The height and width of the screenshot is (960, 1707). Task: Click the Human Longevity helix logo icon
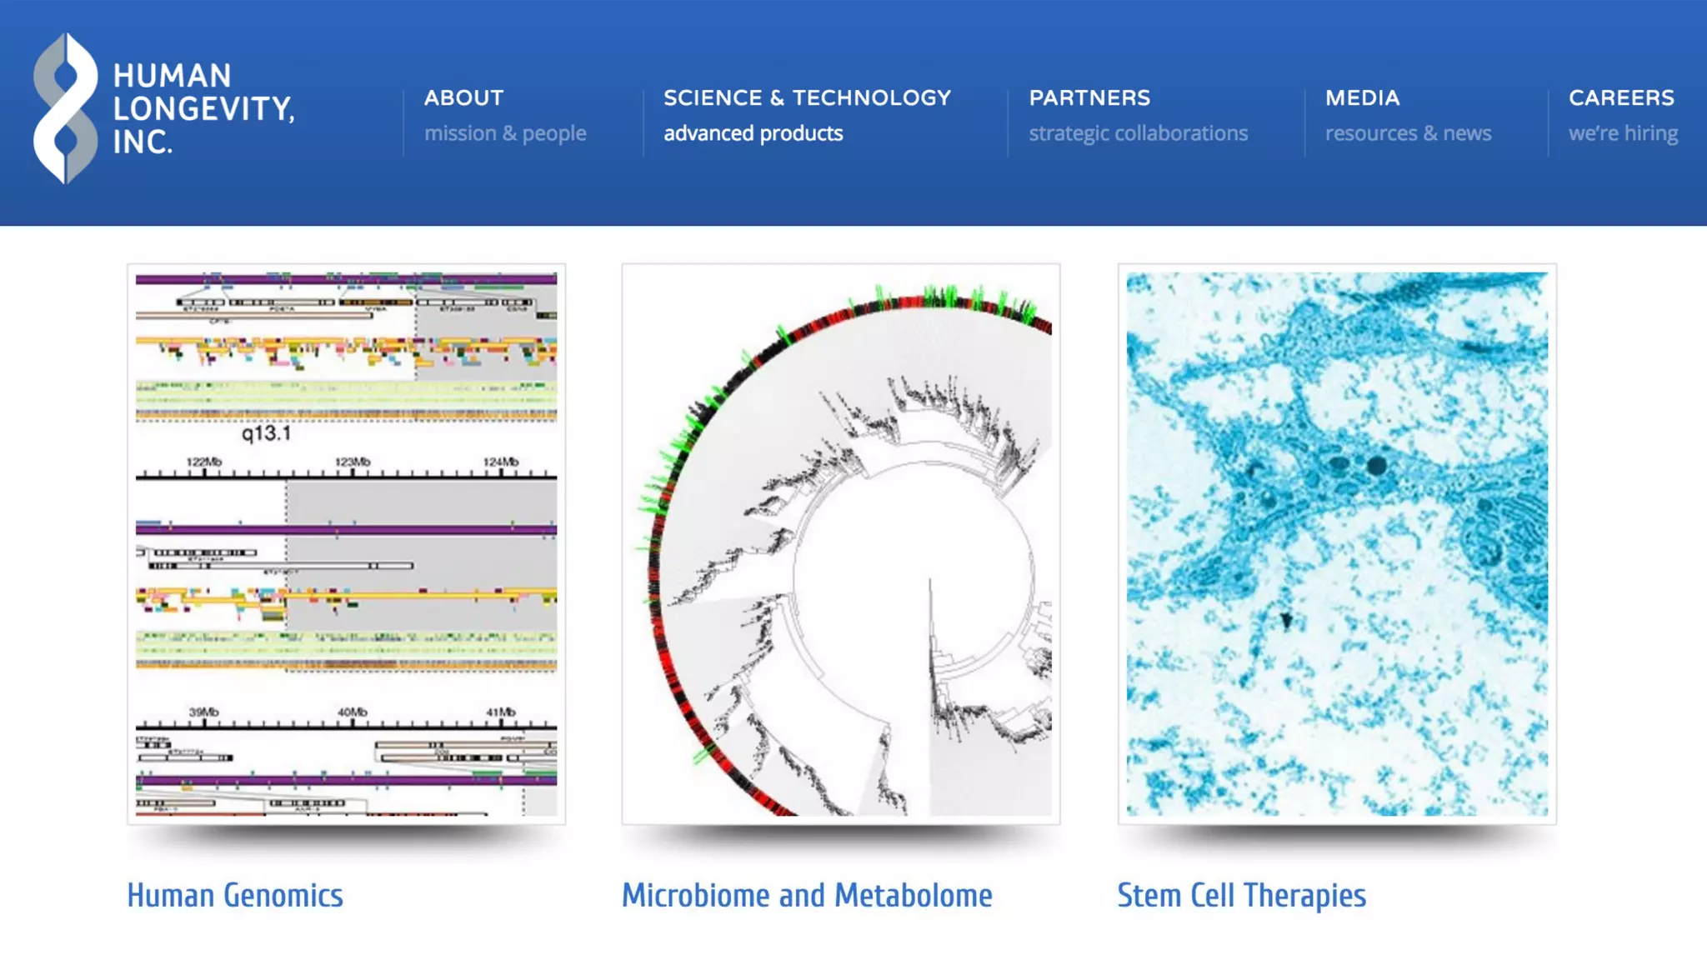pos(65,108)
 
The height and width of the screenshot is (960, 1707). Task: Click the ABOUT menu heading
pos(463,98)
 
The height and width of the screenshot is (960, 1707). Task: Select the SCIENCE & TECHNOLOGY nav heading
pos(807,98)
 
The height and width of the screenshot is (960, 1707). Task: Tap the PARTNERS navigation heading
pos(1089,98)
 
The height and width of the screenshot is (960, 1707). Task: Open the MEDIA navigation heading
pos(1362,98)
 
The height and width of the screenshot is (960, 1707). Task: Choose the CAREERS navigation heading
pos(1621,98)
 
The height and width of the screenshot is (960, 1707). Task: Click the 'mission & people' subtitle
pos(505,133)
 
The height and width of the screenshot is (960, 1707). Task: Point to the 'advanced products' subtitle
pos(753,133)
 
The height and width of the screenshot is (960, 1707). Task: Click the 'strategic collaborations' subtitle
pos(1138,133)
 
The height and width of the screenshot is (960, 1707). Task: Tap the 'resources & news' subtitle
pos(1408,133)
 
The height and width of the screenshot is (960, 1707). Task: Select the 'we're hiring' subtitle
pos(1623,133)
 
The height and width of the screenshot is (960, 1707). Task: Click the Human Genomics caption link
pos(235,896)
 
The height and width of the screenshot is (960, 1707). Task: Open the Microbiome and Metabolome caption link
pos(807,896)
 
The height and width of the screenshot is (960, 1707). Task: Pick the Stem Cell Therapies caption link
pos(1241,896)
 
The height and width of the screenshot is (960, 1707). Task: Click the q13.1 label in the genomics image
pos(266,433)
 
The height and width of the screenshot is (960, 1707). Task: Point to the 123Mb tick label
pos(353,462)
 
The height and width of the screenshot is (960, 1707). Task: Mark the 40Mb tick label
pos(353,712)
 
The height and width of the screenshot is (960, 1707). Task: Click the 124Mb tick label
pos(501,462)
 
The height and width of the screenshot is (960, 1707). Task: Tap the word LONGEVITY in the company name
pos(203,109)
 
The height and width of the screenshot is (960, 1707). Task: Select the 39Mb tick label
pos(203,712)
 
